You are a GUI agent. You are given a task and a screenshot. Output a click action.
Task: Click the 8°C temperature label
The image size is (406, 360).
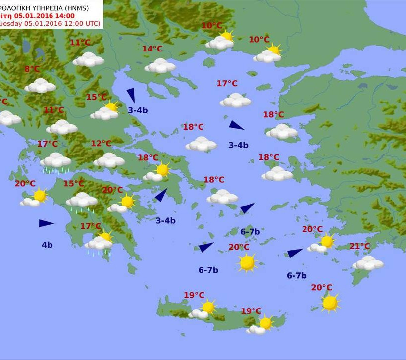32,69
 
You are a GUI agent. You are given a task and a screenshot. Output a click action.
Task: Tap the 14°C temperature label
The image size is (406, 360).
152,49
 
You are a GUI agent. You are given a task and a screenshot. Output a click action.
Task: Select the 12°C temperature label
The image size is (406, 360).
101,144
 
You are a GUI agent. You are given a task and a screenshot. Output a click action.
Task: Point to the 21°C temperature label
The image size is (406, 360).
359,246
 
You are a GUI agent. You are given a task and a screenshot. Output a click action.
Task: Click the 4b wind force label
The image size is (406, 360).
47,245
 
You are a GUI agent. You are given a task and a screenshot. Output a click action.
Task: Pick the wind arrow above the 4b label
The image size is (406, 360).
46,223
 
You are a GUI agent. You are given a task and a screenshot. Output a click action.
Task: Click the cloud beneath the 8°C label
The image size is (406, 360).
40,86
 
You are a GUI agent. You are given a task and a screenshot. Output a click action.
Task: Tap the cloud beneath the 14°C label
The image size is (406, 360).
160,66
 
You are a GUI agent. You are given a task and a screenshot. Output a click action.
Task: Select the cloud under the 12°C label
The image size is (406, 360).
109,160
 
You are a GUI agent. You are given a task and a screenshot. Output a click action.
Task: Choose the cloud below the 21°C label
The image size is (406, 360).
368,263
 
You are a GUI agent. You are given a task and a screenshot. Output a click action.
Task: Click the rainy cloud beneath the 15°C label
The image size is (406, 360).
82,201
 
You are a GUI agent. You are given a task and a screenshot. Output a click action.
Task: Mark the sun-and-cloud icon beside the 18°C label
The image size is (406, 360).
157,172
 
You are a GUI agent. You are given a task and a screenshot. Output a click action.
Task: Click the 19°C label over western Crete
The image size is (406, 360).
194,295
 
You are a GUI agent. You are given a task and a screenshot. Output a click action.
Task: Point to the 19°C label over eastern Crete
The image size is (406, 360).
251,311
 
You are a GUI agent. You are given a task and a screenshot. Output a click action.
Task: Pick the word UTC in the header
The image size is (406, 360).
91,24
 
